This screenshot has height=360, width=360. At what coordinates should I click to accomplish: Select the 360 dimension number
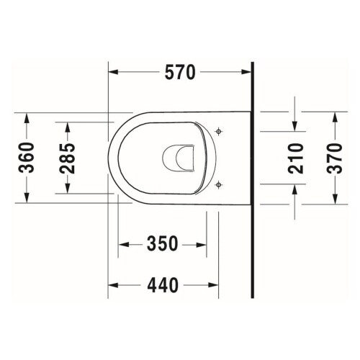[27, 158]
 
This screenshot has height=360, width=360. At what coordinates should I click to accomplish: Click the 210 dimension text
[294, 158]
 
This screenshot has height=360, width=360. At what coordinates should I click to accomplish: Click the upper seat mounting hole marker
[219, 131]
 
